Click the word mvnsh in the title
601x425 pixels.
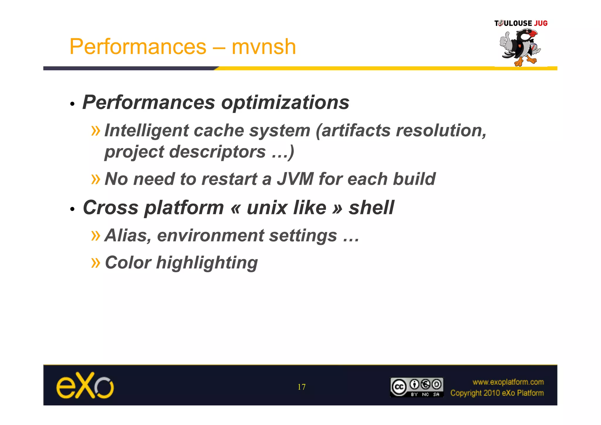click(x=264, y=47)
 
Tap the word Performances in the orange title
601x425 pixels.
click(x=138, y=47)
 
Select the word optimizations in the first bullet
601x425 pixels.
click(x=285, y=103)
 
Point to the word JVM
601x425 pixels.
click(x=295, y=179)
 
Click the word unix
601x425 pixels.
click(x=286, y=208)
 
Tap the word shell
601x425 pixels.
click(x=371, y=208)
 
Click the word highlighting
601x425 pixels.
click(x=207, y=263)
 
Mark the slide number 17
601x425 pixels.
click(x=301, y=387)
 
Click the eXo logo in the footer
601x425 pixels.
click(x=85, y=385)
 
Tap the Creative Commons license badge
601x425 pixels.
click(x=416, y=387)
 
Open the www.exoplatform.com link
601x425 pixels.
click(x=508, y=382)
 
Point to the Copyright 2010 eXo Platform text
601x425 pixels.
click(x=497, y=393)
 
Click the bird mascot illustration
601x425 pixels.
click(x=520, y=47)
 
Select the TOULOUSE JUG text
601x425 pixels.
click(x=521, y=23)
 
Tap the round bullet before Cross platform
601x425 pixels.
click(x=72, y=209)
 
